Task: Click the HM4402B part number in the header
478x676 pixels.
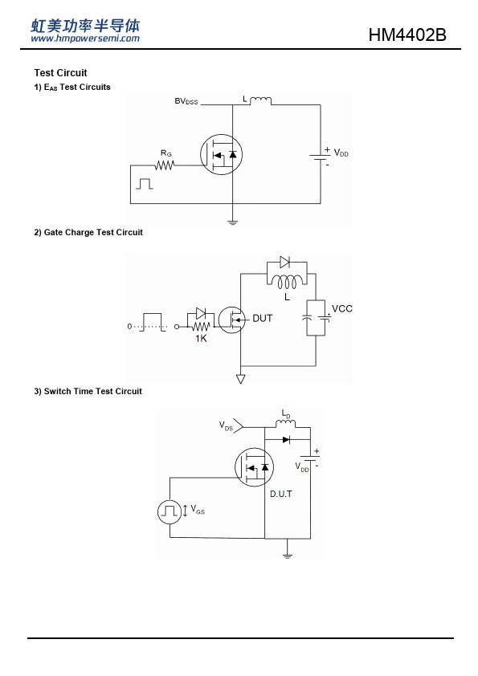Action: (x=407, y=35)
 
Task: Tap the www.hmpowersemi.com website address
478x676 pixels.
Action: (x=85, y=39)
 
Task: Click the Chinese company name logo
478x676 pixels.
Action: (x=85, y=26)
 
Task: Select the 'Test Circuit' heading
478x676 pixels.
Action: (x=60, y=73)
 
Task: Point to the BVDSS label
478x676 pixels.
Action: (x=186, y=101)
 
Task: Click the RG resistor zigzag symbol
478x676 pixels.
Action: (x=165, y=165)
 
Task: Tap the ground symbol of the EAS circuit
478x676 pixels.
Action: (x=232, y=223)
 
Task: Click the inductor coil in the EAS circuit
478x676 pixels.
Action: (x=260, y=101)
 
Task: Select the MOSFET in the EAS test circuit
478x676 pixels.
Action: (x=221, y=154)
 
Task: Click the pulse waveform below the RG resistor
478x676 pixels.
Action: (x=145, y=184)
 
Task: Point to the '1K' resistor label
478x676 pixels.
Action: (x=201, y=339)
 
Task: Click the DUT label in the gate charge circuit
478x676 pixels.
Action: (x=262, y=318)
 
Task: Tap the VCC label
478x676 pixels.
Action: (x=342, y=308)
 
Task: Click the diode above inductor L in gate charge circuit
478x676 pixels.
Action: (x=284, y=262)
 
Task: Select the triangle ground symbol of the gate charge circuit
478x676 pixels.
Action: (x=241, y=379)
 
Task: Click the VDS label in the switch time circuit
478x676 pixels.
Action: (x=226, y=426)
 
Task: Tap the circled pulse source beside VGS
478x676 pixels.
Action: (x=170, y=511)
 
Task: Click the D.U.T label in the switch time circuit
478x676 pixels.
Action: (x=281, y=494)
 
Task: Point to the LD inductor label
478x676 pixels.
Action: (x=286, y=414)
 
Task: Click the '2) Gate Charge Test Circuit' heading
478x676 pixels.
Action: (x=88, y=232)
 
